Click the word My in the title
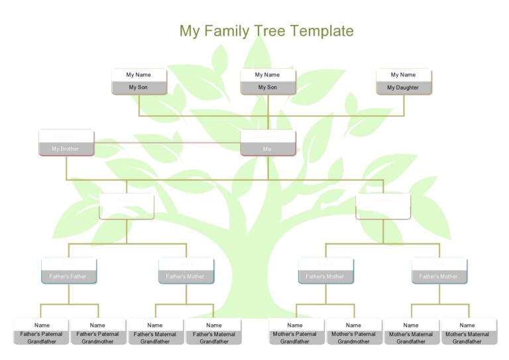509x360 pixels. (x=189, y=31)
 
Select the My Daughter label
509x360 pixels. (x=403, y=88)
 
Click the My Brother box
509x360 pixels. (x=66, y=149)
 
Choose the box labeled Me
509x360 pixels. (x=267, y=149)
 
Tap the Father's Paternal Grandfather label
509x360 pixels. (x=41, y=337)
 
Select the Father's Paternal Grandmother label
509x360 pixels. (x=98, y=337)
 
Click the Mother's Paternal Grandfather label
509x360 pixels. (x=295, y=337)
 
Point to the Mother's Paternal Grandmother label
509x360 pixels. (x=353, y=337)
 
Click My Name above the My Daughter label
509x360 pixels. (x=403, y=75)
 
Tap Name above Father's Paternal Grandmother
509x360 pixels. (x=98, y=325)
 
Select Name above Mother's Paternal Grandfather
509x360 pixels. (x=295, y=325)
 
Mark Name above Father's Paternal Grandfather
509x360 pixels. (x=41, y=325)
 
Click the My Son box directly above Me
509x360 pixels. (x=267, y=88)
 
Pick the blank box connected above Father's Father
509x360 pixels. (x=126, y=206)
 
